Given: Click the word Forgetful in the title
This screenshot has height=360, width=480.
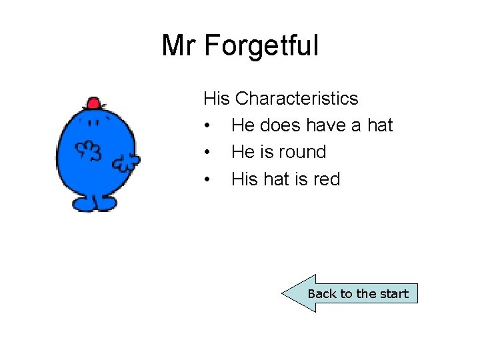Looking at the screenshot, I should (x=261, y=46).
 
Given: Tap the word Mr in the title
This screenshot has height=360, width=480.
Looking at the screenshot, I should (x=180, y=46).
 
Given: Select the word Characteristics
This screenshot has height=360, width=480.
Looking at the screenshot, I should (x=297, y=99).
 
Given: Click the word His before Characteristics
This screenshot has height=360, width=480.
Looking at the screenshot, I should (x=217, y=99).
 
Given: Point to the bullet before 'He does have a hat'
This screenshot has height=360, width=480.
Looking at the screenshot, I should (x=209, y=126).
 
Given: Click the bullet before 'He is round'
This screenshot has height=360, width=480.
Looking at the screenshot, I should (x=209, y=153).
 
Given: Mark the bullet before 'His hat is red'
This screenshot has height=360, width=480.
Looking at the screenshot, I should (x=209, y=180).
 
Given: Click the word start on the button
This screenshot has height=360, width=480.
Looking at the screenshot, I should (x=394, y=294).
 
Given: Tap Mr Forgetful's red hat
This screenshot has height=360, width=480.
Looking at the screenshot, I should (x=93, y=103).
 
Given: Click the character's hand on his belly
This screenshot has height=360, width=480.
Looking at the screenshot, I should (x=87, y=151).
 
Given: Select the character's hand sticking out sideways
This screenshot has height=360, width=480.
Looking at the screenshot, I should (x=126, y=161).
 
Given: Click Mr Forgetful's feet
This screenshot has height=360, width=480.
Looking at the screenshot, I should (x=94, y=203).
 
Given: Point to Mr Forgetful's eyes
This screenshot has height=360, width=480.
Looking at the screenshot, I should (x=93, y=121).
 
